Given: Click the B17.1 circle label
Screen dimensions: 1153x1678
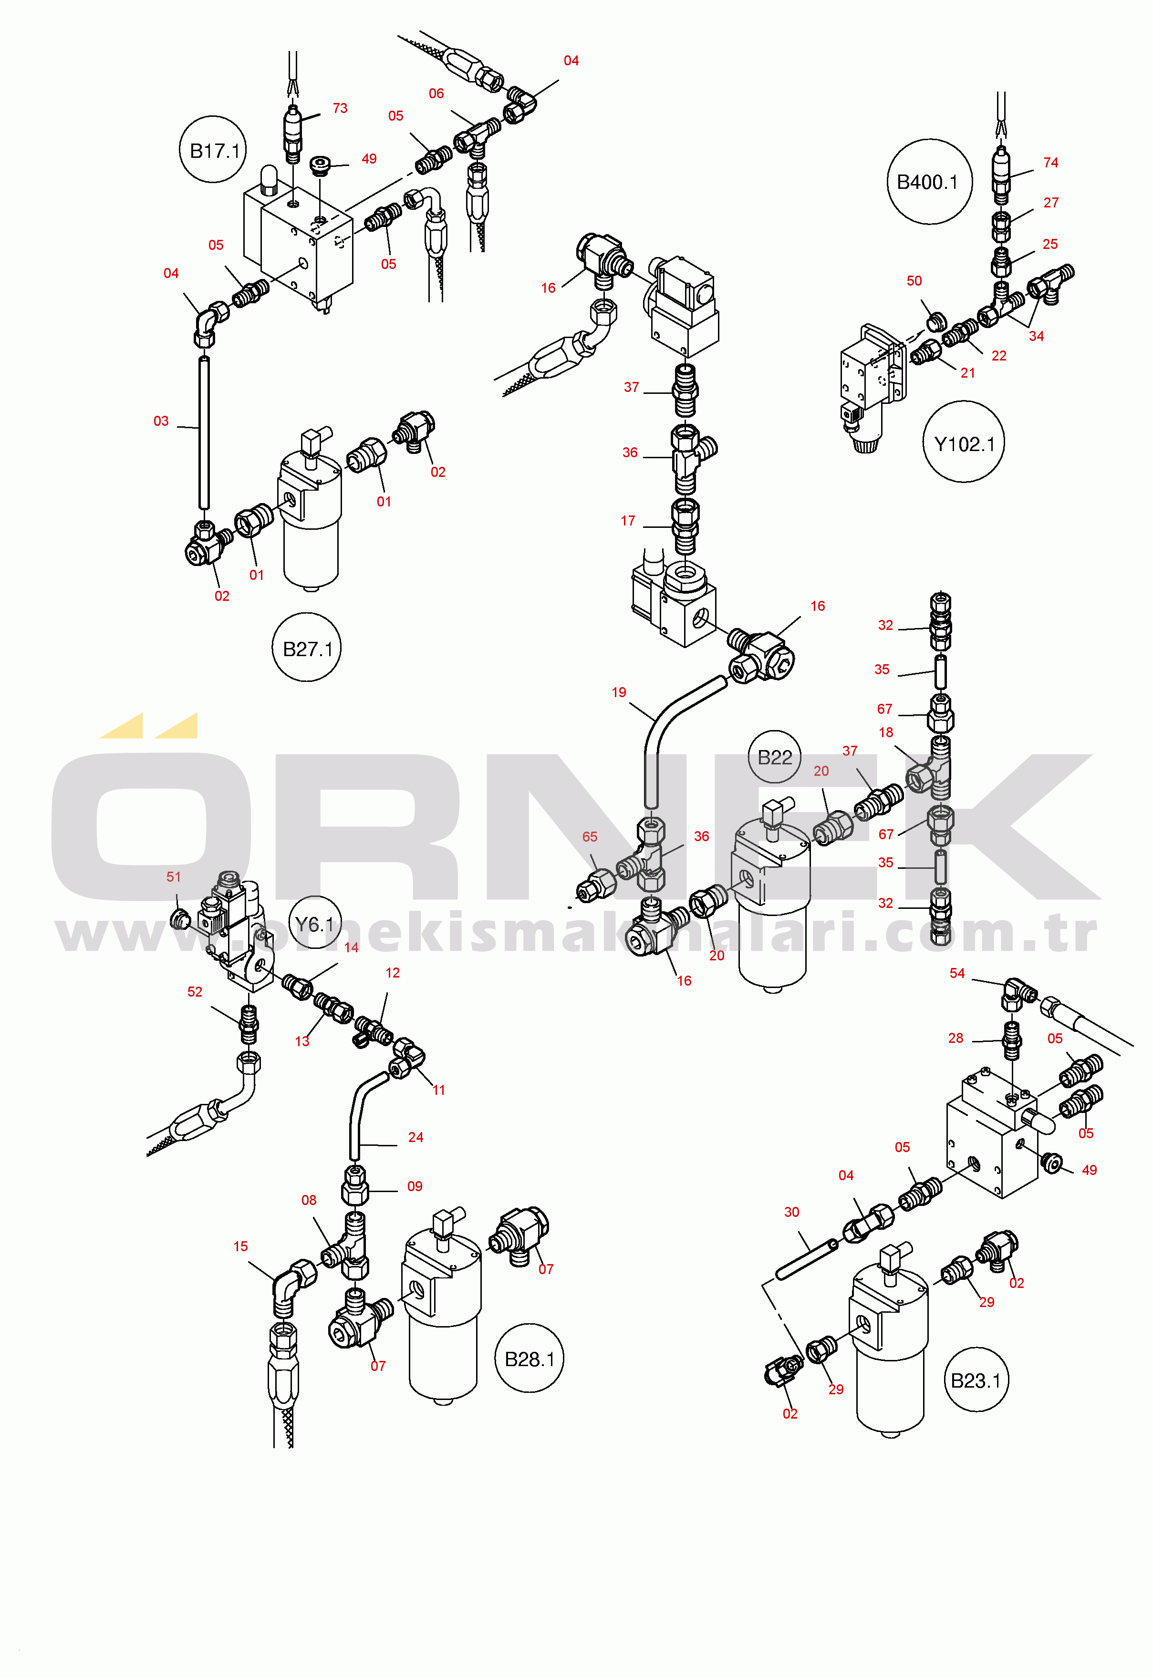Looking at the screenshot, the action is [x=213, y=150].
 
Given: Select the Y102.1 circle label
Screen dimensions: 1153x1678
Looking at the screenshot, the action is [x=965, y=443].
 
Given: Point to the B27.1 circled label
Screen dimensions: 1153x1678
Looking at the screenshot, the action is [x=307, y=649].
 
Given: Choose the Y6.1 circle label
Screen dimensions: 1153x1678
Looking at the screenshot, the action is [x=315, y=924].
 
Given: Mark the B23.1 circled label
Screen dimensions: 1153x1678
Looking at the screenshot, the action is [x=976, y=1380].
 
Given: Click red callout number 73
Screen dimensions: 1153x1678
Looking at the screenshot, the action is [x=340, y=108].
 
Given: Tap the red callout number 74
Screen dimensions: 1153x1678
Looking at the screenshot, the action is [x=1051, y=163].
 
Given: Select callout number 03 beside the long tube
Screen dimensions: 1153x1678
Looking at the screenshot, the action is [x=161, y=421].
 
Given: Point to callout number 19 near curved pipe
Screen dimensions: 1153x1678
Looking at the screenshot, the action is [x=619, y=692].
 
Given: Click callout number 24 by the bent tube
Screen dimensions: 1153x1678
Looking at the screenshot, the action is [x=416, y=1137].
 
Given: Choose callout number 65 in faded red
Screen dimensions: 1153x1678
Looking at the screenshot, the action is [x=590, y=837].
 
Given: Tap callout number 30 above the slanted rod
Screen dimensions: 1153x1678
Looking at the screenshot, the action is [x=792, y=1212].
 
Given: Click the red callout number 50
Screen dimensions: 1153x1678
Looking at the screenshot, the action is [x=914, y=281].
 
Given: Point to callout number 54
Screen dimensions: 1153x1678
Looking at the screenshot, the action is [x=957, y=973].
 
